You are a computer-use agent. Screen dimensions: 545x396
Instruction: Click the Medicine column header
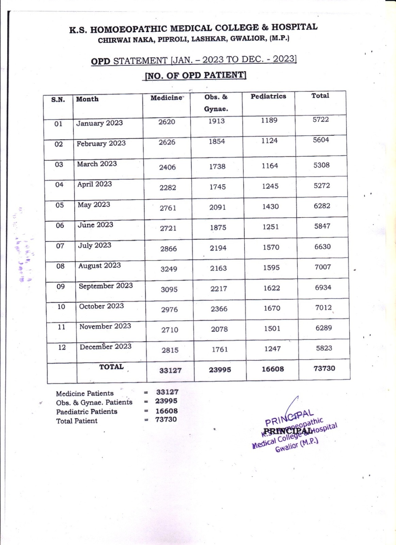(167, 98)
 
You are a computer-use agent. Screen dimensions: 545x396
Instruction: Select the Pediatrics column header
(268, 96)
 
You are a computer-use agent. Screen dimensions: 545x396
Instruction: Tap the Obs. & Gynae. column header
(216, 103)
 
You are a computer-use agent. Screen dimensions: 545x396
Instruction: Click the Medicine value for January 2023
(167, 122)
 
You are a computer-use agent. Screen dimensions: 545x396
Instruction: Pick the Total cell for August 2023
(322, 267)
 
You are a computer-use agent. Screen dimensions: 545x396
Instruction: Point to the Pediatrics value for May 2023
(270, 206)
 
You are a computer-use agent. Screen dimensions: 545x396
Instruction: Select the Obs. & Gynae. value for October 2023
(219, 309)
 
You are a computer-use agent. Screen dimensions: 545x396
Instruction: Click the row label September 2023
(106, 286)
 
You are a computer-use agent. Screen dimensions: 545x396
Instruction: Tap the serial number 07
(60, 246)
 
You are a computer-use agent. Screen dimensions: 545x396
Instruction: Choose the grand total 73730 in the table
(324, 368)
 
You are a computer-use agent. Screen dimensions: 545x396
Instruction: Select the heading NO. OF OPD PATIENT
(195, 75)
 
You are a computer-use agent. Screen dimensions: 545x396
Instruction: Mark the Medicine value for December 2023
(170, 350)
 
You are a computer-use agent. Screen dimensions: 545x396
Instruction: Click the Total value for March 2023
(321, 165)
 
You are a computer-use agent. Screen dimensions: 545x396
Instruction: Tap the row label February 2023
(101, 143)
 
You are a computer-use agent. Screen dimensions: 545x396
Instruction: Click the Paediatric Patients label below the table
(86, 411)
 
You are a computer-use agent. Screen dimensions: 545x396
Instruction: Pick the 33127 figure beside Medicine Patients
(167, 392)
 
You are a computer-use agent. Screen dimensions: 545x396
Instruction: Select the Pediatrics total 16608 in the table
(273, 369)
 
